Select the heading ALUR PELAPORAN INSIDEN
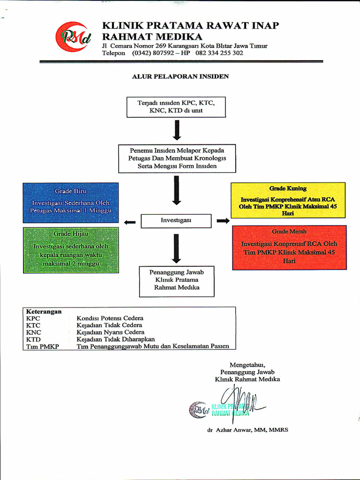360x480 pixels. pyautogui.click(x=180, y=76)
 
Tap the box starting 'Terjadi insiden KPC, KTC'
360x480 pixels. pyautogui.click(x=176, y=107)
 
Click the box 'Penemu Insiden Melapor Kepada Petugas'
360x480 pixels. pyautogui.click(x=177, y=158)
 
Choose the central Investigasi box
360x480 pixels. pyautogui.click(x=176, y=220)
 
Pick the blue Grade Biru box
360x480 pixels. pyautogui.click(x=71, y=202)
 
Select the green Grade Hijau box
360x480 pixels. pyautogui.click(x=71, y=250)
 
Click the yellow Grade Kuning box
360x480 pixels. pyautogui.click(x=288, y=200)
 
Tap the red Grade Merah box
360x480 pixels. pyautogui.click(x=289, y=247)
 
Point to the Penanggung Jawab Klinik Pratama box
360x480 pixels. pyautogui.click(x=177, y=281)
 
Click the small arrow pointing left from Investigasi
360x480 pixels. pyautogui.click(x=130, y=222)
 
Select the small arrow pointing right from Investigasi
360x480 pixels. pyautogui.click(x=223, y=221)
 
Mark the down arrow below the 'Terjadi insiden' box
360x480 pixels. pyautogui.click(x=177, y=130)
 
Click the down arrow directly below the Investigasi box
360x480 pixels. pyautogui.click(x=176, y=247)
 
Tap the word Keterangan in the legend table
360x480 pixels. pyautogui.click(x=44, y=311)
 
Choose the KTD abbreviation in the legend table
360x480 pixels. pyautogui.click(x=33, y=339)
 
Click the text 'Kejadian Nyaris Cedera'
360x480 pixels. pyautogui.click(x=111, y=332)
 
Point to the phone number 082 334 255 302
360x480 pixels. pyautogui.click(x=219, y=53)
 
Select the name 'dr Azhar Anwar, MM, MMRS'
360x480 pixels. pyautogui.click(x=247, y=430)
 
